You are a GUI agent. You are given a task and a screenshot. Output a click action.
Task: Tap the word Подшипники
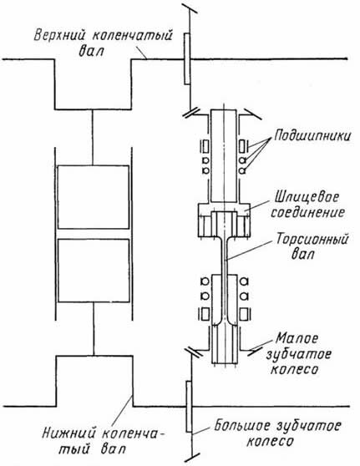(x=312, y=136)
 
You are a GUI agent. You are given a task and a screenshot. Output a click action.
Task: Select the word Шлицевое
(x=306, y=197)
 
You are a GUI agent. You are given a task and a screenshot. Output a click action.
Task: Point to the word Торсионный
(x=312, y=239)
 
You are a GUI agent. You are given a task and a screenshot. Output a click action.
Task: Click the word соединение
(x=307, y=212)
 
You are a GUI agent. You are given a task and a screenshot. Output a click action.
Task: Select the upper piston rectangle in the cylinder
(x=94, y=197)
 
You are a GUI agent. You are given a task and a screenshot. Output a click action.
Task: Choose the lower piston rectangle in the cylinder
(x=94, y=271)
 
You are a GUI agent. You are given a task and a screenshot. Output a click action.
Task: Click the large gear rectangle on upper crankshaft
(x=187, y=58)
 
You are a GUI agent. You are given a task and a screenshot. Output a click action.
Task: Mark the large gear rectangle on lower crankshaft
(x=189, y=406)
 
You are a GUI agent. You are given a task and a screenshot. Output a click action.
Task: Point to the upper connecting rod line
(x=93, y=137)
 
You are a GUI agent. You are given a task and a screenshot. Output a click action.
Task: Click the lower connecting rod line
(x=94, y=329)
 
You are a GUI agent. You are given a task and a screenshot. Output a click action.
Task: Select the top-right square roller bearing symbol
(x=243, y=146)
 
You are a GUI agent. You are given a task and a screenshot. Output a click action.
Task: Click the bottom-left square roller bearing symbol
(x=205, y=314)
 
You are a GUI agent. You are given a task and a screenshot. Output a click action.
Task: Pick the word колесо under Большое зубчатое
(x=270, y=441)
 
